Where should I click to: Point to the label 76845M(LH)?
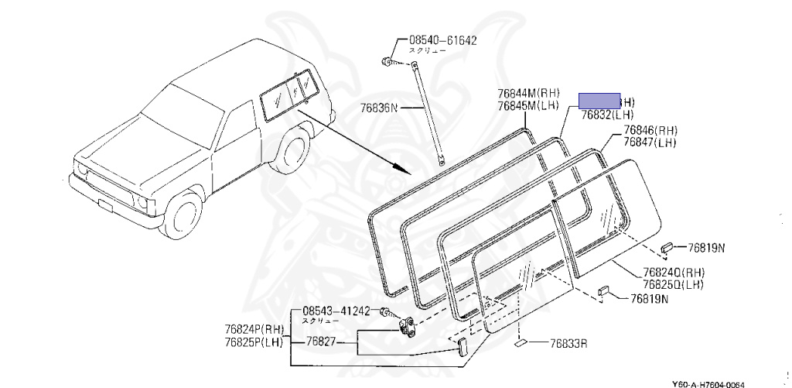[x=528, y=106]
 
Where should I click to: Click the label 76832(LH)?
[x=608, y=115]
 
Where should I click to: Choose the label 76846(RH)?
[x=650, y=131]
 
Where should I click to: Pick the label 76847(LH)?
[x=650, y=142]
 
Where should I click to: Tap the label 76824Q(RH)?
[x=674, y=273]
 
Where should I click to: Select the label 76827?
[x=319, y=340]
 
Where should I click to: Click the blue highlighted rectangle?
[x=599, y=100]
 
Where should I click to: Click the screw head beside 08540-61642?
[x=386, y=60]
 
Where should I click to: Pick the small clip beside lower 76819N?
[x=606, y=291]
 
